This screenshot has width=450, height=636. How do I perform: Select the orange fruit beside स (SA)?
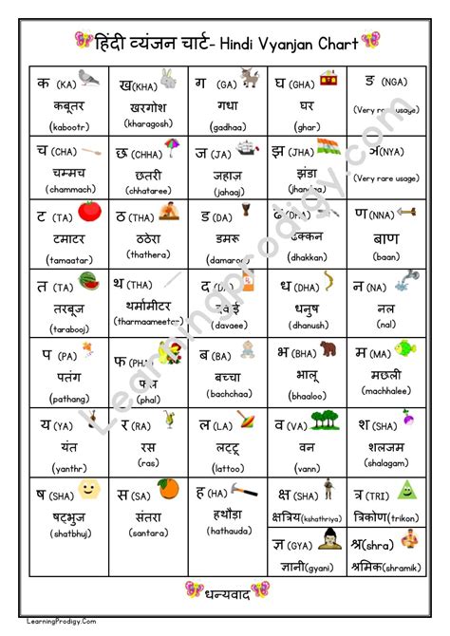[x=169, y=489]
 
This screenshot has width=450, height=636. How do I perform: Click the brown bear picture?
[x=329, y=351]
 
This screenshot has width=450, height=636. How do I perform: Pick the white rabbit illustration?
[x=168, y=79]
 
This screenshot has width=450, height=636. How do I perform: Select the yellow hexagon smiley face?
[x=89, y=490]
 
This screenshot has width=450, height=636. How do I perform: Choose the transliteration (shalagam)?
[x=385, y=463]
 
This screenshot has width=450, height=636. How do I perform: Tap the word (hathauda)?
[x=226, y=531]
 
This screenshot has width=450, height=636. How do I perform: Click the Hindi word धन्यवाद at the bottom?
[x=224, y=593]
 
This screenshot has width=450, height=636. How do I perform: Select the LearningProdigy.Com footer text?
[x=36, y=623]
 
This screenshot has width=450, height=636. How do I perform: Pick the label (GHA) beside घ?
[x=301, y=84]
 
